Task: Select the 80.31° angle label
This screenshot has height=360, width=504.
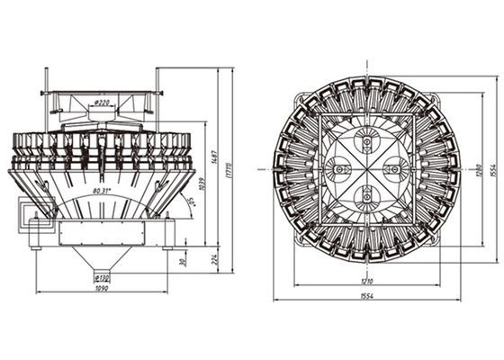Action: click(105, 192)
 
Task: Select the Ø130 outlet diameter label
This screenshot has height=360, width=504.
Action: click(105, 278)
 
